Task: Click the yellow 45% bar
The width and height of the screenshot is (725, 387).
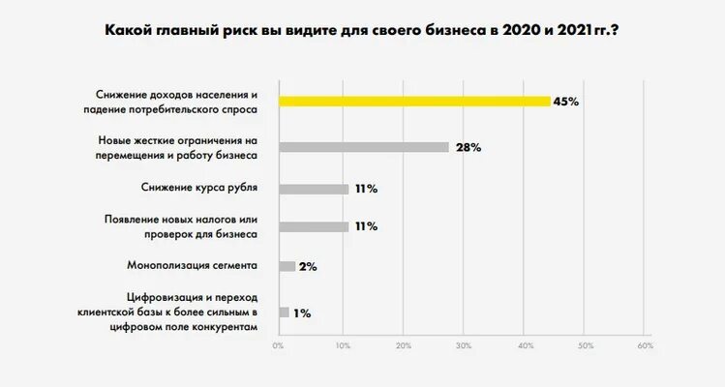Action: [414, 101]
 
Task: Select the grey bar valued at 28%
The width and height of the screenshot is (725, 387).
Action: [364, 147]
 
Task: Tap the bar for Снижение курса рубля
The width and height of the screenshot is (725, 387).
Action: [314, 189]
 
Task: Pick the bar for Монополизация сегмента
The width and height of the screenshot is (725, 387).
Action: [287, 266]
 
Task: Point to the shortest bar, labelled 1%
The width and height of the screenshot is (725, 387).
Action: [284, 313]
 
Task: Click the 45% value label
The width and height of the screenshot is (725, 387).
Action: [566, 102]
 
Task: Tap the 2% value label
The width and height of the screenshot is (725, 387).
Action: [309, 266]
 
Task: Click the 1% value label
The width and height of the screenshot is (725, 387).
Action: [302, 313]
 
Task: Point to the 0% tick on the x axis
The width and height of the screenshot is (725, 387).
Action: [279, 345]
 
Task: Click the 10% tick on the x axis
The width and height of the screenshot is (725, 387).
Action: [342, 345]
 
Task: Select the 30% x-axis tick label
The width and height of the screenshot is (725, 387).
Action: [464, 345]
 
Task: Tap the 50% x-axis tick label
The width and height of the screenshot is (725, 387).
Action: [585, 345]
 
